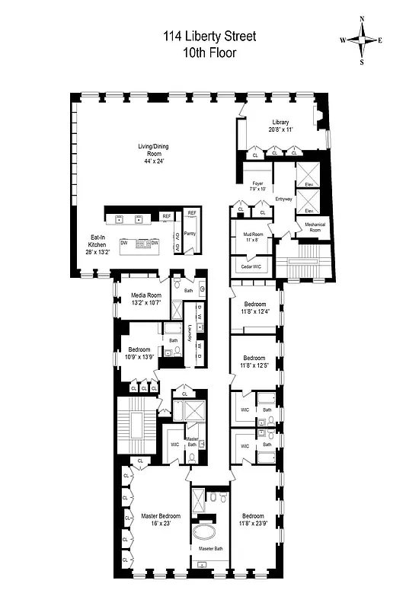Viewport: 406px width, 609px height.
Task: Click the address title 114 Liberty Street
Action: point(208,36)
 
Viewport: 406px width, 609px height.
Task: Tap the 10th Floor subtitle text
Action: point(208,53)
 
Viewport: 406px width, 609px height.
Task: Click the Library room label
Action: point(281,122)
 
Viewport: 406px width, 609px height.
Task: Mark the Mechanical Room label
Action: point(315,228)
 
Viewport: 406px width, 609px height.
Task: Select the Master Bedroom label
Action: point(161,516)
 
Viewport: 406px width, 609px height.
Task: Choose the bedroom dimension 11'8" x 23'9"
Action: point(253,523)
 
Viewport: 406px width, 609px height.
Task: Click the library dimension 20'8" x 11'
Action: point(281,129)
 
